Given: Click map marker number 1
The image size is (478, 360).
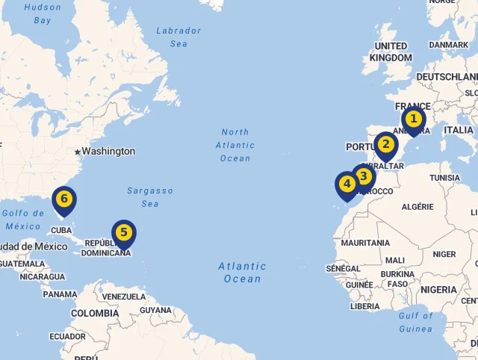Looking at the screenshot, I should (x=413, y=119).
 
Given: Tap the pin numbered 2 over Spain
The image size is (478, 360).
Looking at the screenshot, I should (x=385, y=144).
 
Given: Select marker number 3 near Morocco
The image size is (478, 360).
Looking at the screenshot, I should (x=363, y=176).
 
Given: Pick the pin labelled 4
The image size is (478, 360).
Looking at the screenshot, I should (x=347, y=183).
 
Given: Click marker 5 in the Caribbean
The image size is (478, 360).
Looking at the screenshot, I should (x=123, y=232).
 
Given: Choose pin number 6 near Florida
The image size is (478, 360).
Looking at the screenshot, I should (x=64, y=198).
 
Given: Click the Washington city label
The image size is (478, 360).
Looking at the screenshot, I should (x=108, y=152).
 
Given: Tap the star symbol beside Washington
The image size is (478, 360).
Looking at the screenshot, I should (x=76, y=152).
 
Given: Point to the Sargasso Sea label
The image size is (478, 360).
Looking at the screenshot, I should (x=149, y=196).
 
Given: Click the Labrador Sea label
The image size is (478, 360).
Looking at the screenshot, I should (x=179, y=37).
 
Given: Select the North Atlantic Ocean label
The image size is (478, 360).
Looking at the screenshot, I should (x=235, y=145).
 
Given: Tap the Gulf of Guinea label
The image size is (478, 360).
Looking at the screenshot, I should (x=415, y=321).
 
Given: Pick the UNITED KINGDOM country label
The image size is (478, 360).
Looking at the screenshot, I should (x=391, y=52).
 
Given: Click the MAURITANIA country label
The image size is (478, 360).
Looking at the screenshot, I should (x=365, y=243).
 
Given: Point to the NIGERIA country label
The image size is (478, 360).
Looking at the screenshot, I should (x=438, y=289).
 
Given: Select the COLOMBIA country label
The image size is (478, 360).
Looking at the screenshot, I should (x=95, y=313).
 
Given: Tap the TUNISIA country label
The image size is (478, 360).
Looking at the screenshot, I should (x=445, y=178).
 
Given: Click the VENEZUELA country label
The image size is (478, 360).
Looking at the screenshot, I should (x=124, y=297).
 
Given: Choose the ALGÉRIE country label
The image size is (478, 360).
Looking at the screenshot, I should (x=418, y=207).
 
